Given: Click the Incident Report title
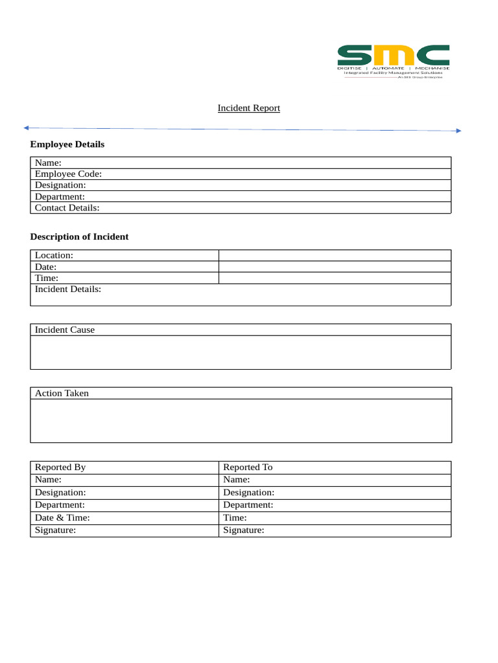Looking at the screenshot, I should pos(248,108).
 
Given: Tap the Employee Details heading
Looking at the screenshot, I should pos(67,144).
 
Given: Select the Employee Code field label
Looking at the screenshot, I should pos(68,174).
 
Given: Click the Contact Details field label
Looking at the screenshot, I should pos(67,208).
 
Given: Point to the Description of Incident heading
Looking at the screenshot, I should pos(79,237).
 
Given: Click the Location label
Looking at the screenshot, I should pos(54,255).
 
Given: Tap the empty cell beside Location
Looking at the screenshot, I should pos(335,255).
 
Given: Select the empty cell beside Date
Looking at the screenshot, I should pos(335,267).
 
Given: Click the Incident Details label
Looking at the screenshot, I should pos(68,289).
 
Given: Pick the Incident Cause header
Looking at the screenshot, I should pos(65,330).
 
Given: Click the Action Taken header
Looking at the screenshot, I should pos(62,393).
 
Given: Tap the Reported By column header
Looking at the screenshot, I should pos(60,467).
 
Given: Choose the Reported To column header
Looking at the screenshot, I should pos(248,467).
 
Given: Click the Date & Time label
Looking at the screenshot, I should pos(62,518).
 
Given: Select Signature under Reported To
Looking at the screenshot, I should pos(244,530).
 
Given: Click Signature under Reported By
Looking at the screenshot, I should pos(55,530).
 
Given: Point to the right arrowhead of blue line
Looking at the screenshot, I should pos(458,131).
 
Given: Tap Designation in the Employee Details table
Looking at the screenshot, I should pos(60,185).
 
